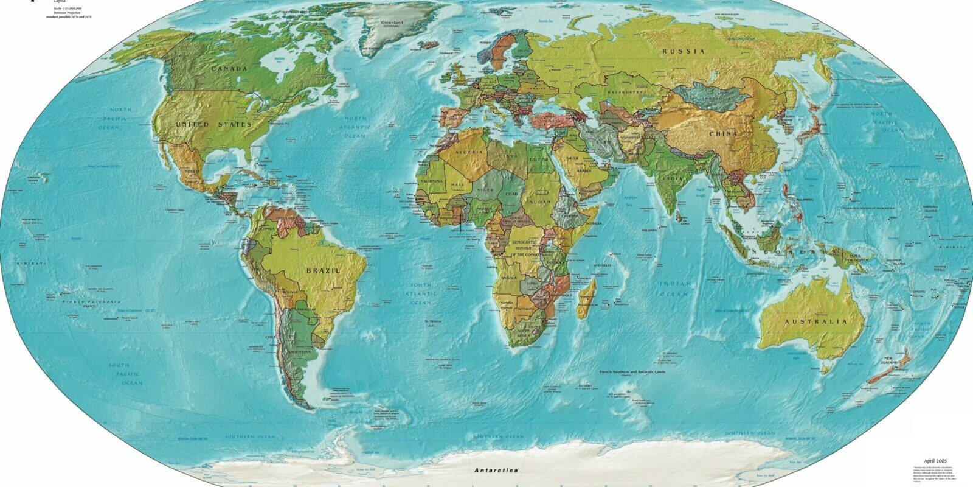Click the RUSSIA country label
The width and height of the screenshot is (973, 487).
click(684, 51)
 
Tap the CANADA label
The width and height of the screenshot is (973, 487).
click(229, 69)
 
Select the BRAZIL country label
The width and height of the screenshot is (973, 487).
click(323, 270)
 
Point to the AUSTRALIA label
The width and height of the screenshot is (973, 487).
click(815, 321)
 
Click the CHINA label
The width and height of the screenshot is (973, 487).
click(723, 133)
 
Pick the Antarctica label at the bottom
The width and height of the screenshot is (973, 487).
click(496, 471)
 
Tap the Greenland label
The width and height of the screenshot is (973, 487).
click(392, 23)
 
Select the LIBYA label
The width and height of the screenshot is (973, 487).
click(508, 156)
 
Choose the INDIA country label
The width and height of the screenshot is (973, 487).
click(673, 178)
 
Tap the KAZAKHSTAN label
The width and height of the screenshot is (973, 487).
click(625, 92)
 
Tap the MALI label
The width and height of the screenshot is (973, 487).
click(457, 184)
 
